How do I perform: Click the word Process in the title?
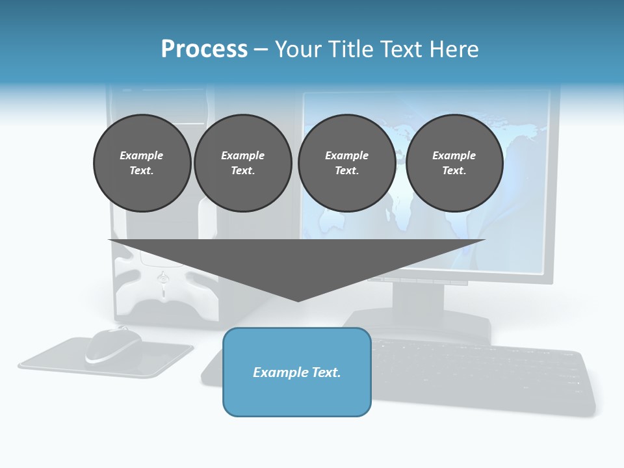(x=204, y=49)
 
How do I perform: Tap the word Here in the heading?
(x=454, y=49)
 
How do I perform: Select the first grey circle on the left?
(x=142, y=163)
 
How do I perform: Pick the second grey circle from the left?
(x=243, y=163)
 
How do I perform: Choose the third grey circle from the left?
(x=346, y=163)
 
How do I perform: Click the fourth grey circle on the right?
(x=454, y=163)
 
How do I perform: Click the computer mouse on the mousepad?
(x=113, y=344)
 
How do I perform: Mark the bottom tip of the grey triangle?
(x=298, y=300)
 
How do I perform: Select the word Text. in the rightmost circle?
(x=454, y=171)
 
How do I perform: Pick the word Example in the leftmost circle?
(x=142, y=155)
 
